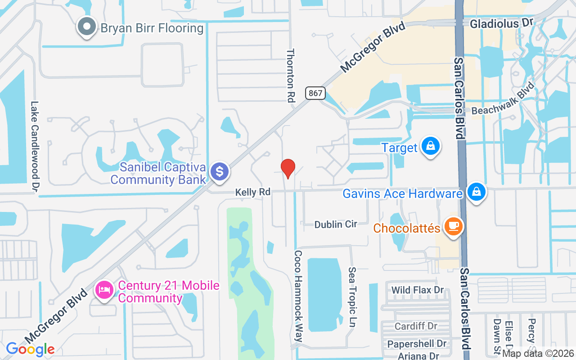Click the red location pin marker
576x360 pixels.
[288, 168]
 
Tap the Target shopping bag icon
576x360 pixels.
[431, 146]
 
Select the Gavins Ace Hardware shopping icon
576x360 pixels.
[476, 193]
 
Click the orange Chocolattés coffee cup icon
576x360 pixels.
[453, 227]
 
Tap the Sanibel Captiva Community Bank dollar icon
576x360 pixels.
[220, 172]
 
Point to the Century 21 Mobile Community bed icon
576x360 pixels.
[104, 289]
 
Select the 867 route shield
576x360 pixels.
[315, 93]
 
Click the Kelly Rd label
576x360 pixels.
[253, 192]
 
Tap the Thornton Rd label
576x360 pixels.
[291, 75]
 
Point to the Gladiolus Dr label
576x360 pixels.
[501, 22]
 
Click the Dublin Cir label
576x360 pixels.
[336, 224]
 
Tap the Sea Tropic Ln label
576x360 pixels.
[353, 297]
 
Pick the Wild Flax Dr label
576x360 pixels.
[418, 290]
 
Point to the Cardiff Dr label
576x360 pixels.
[416, 326]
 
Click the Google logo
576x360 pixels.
[30, 349]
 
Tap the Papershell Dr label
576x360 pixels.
[416, 344]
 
